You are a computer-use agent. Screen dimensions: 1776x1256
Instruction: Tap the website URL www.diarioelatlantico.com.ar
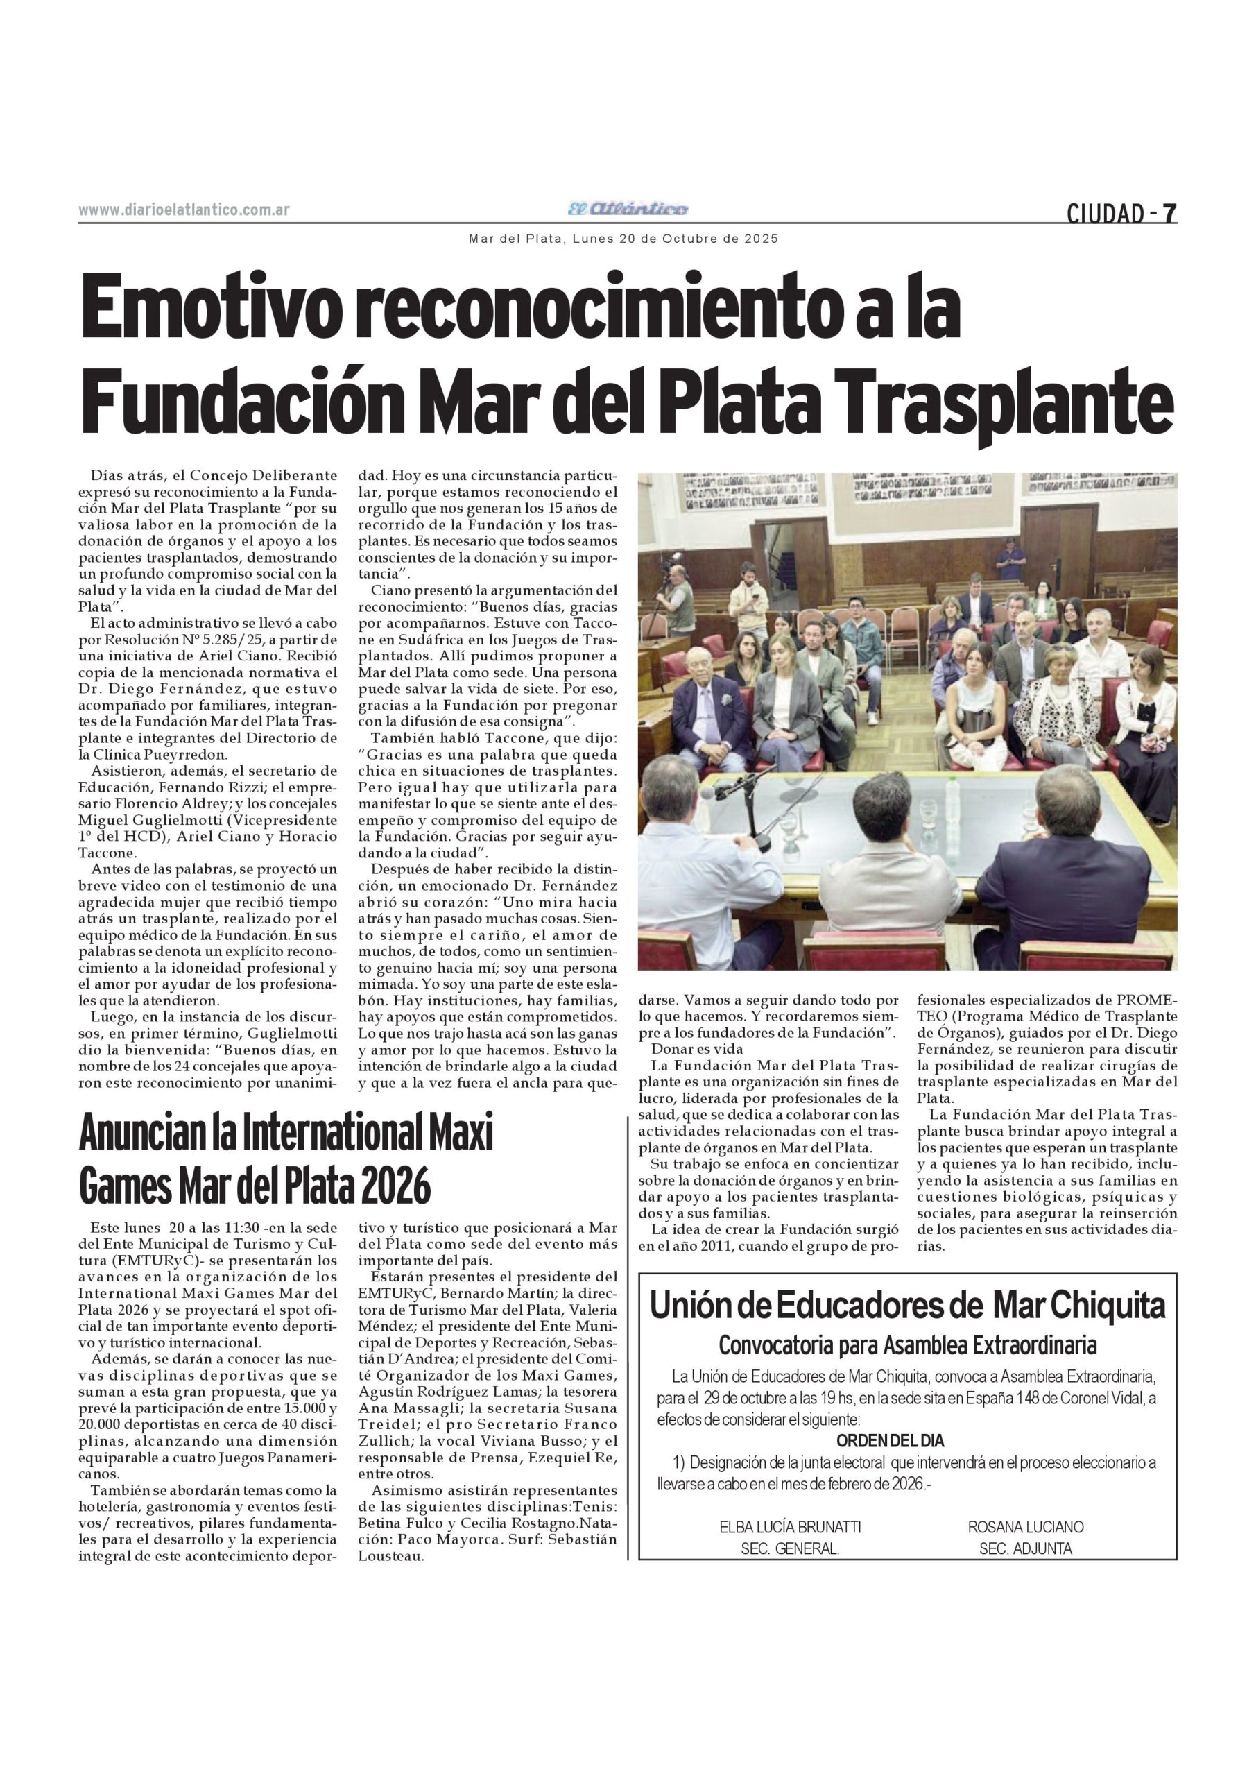pos(184,210)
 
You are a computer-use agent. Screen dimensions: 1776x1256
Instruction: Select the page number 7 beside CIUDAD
pos(1170,213)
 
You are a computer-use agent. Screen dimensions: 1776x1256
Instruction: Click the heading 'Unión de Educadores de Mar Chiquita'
pos(907,1306)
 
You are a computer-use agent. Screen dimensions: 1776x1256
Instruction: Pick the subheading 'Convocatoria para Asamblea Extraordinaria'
pos(907,1346)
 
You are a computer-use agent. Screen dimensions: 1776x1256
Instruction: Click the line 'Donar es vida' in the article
pos(697,1050)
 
